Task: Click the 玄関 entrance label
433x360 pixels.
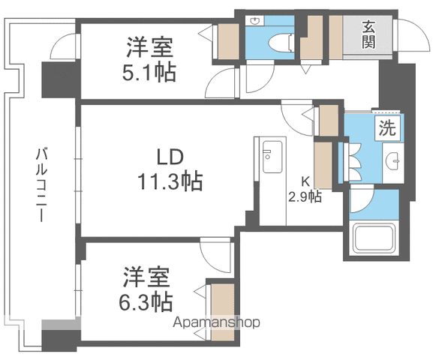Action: tap(368, 34)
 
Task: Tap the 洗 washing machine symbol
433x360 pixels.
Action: tap(387, 128)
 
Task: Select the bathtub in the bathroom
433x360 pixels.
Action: tap(374, 238)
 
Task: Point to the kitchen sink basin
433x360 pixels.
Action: tap(272, 157)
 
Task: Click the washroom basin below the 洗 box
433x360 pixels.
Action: tap(392, 161)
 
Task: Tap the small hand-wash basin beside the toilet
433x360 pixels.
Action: tap(255, 21)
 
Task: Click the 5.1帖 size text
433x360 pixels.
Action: tap(149, 72)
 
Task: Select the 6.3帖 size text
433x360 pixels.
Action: tap(146, 302)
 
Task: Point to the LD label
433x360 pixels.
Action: tap(170, 157)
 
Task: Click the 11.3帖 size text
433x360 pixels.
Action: tap(170, 181)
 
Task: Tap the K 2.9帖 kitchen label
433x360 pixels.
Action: tap(305, 190)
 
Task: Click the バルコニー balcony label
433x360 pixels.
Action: tap(41, 184)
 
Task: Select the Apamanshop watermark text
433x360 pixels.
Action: tap(216, 322)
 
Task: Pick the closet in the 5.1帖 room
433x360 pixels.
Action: tap(228, 41)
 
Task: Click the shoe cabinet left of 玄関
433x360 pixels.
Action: tap(335, 37)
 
